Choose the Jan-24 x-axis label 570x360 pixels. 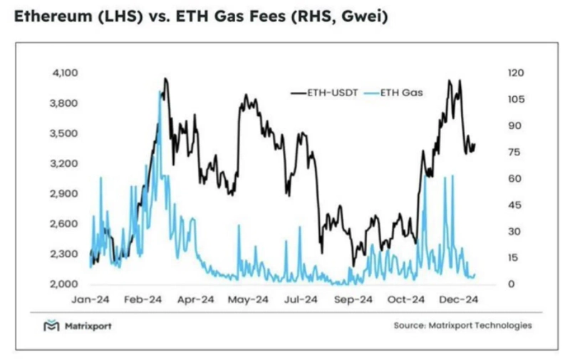[90, 300]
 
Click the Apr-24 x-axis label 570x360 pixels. [196, 300]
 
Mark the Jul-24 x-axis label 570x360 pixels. [301, 300]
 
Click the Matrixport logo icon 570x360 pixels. [51, 326]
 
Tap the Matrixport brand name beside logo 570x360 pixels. [88, 326]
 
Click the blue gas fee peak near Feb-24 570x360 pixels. [159, 92]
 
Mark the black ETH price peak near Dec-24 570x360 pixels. [449, 81]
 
